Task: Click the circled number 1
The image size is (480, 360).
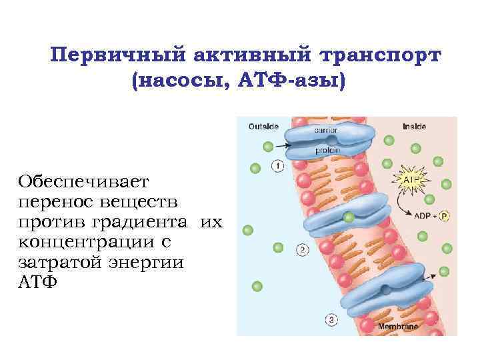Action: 277,165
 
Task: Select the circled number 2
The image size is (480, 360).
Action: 302,250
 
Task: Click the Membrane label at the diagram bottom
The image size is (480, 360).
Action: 398,327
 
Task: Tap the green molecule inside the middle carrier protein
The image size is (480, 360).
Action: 349,217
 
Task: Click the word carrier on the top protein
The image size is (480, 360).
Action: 326,131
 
